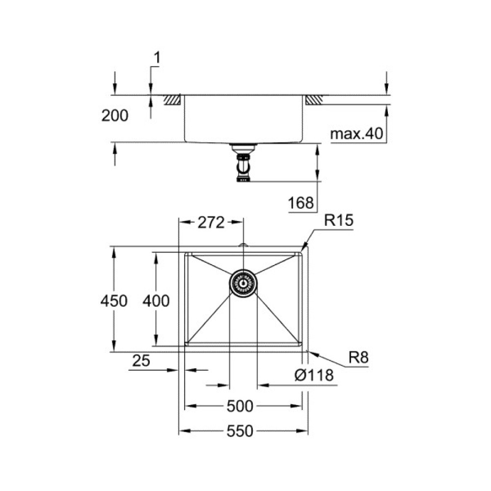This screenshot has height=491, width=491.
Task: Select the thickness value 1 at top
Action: click(157, 58)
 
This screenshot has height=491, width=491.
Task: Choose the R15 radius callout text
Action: click(338, 221)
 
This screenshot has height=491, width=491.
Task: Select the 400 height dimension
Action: click(157, 300)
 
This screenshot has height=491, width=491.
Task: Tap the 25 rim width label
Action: click(141, 362)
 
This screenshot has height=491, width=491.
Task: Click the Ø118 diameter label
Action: click(314, 376)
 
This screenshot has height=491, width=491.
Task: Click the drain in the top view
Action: click(243, 283)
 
